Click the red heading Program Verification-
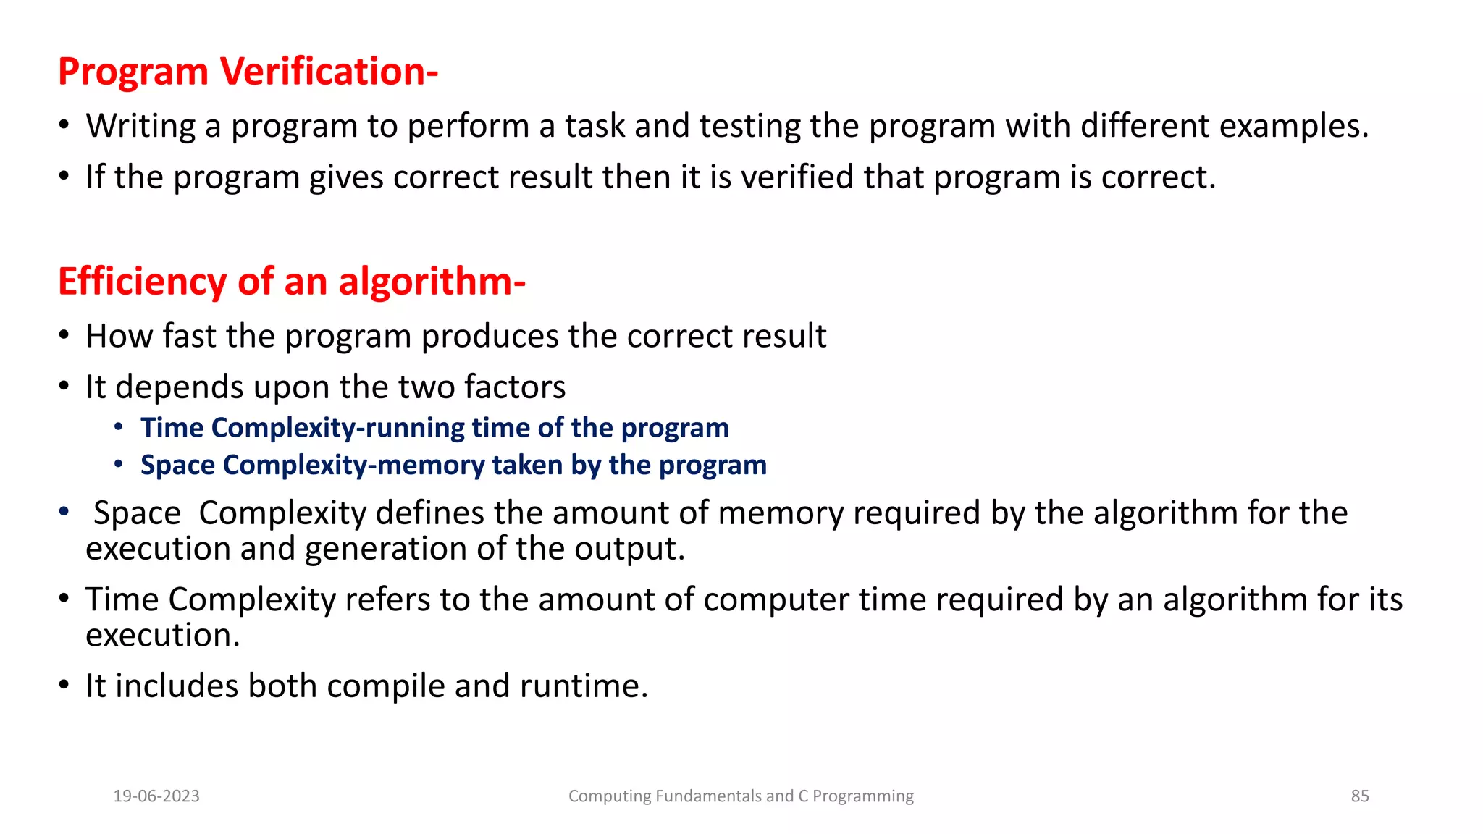point(248,72)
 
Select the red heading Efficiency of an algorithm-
point(291,282)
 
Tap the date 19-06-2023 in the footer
point(156,796)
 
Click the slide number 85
point(1360,796)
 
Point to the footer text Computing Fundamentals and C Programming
point(741,796)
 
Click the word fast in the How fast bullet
point(189,336)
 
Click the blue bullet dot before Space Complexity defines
point(64,512)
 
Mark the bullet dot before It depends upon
point(64,387)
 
